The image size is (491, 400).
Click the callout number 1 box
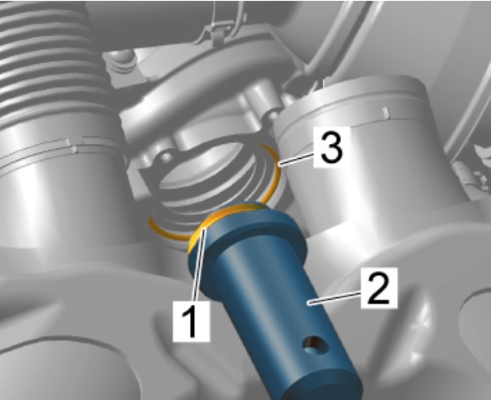191,321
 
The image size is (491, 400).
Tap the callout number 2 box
379,288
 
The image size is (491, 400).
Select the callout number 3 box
332,148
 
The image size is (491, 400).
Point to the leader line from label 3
296,158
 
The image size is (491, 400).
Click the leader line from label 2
334,296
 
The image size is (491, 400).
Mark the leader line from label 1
200,265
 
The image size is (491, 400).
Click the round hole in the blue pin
316,344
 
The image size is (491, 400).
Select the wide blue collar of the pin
247,235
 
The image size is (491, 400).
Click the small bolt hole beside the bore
165,156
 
